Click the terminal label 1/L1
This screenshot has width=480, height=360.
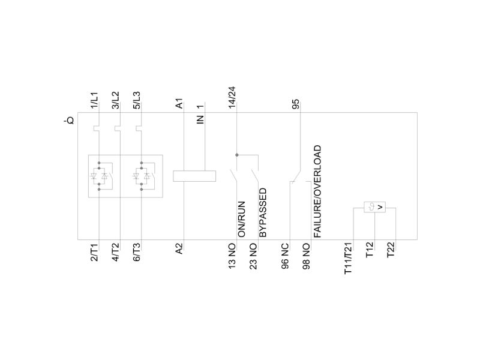(94, 100)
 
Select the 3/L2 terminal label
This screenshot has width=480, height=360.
(115, 100)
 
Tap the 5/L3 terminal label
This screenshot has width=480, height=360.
(137, 100)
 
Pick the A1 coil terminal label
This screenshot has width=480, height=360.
(179, 103)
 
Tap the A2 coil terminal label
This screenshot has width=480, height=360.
(179, 248)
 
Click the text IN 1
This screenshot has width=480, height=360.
(200, 114)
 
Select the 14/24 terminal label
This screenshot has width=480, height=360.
(232, 97)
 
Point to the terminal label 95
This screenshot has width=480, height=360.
(296, 104)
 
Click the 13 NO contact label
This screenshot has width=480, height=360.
(232, 256)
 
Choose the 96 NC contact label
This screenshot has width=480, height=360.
(285, 256)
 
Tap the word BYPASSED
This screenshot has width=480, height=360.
(263, 213)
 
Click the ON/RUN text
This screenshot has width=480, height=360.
(242, 219)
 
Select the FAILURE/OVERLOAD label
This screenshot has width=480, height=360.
(317, 191)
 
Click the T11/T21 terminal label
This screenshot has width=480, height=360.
(349, 259)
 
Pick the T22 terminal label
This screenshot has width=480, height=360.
(391, 250)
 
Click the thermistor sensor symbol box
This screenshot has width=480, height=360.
(374, 207)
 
